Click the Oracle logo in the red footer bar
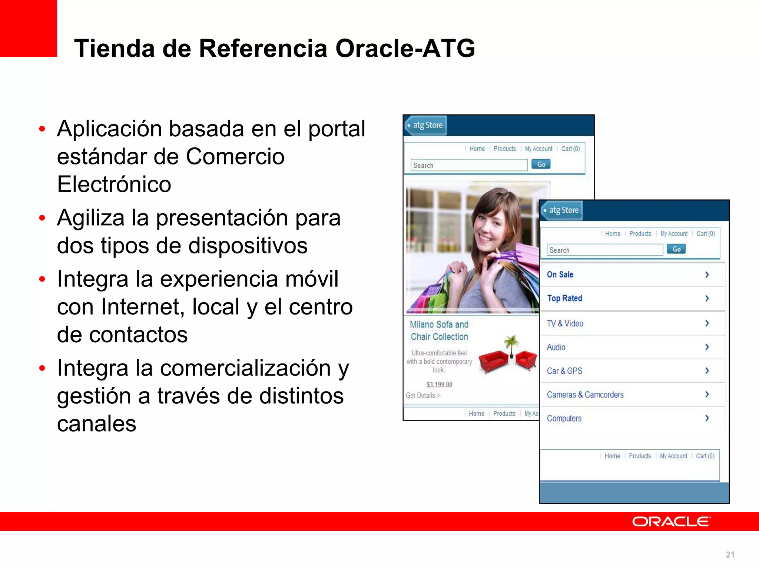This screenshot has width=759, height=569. [671, 522]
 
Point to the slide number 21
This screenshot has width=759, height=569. [730, 555]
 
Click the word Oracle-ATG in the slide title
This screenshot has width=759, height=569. [405, 49]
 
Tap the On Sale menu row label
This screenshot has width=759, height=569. [560, 274]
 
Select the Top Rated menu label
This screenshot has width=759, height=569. [564, 298]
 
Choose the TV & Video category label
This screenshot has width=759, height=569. [565, 323]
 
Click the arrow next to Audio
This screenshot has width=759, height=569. [707, 347]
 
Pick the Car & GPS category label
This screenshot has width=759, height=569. [564, 371]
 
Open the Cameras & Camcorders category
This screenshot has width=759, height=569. [585, 395]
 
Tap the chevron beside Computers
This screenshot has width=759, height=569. [707, 418]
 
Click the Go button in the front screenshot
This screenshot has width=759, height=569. [676, 249]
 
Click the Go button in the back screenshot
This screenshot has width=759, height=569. [541, 164]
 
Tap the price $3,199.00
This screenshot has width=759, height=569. [439, 385]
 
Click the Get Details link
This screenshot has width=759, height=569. [423, 395]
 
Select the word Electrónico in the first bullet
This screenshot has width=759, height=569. [114, 184]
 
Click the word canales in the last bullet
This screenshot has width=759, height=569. [97, 423]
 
